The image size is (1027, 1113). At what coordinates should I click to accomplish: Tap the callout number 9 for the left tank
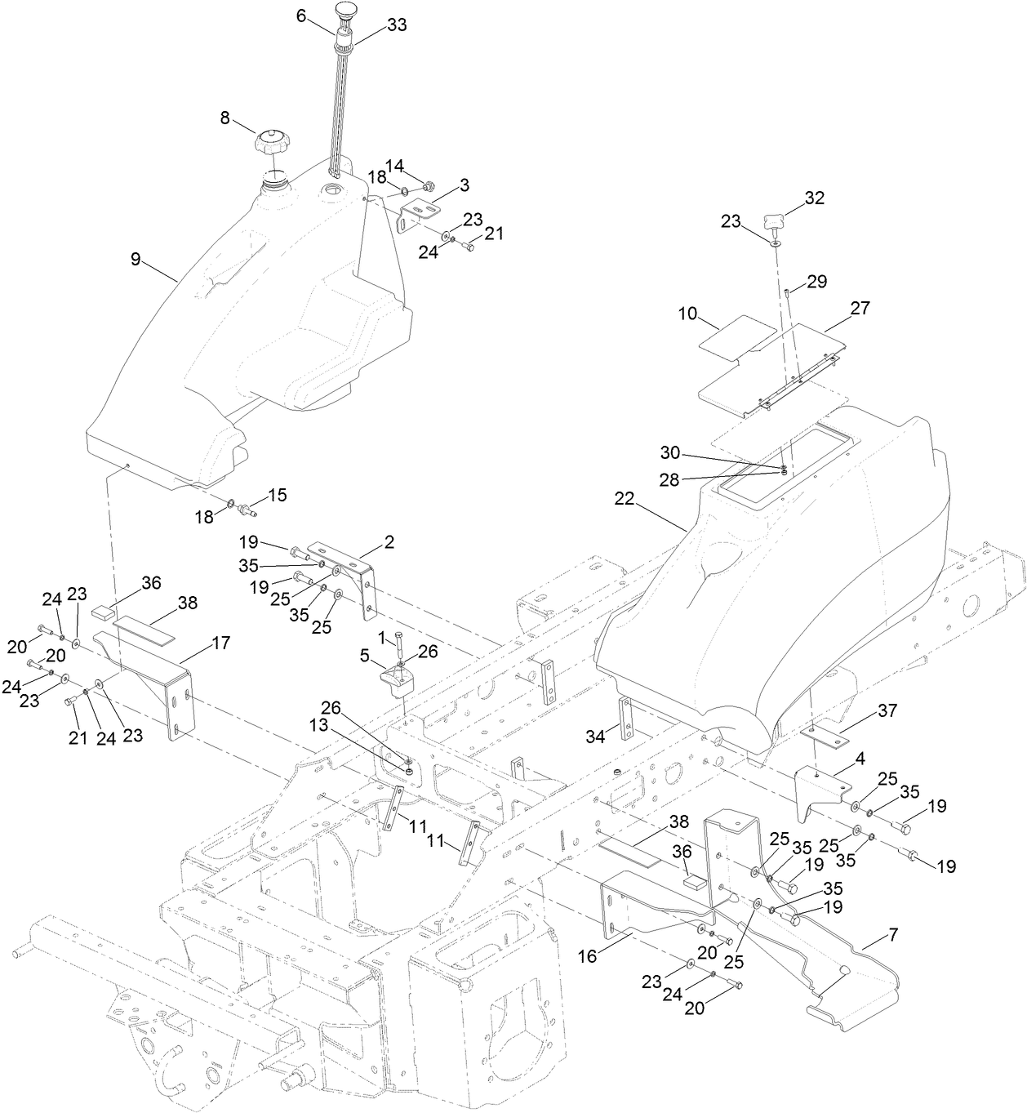point(136,259)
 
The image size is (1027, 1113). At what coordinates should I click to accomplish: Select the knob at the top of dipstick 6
point(344,13)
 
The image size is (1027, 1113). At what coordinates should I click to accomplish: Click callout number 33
point(397,25)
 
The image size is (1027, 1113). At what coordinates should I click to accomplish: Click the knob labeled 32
point(775,220)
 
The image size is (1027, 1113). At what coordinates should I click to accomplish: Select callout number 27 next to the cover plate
point(860,308)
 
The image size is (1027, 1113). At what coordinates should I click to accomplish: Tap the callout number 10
point(689,314)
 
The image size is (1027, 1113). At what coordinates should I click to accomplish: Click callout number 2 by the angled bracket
point(389,541)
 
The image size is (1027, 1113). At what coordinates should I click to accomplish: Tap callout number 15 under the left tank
point(278,495)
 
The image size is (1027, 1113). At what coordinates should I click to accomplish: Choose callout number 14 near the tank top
point(395,166)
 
